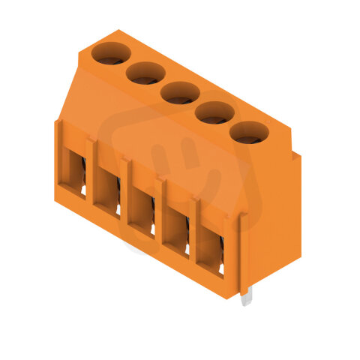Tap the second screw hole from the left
point(145,73)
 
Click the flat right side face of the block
point(274,217)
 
